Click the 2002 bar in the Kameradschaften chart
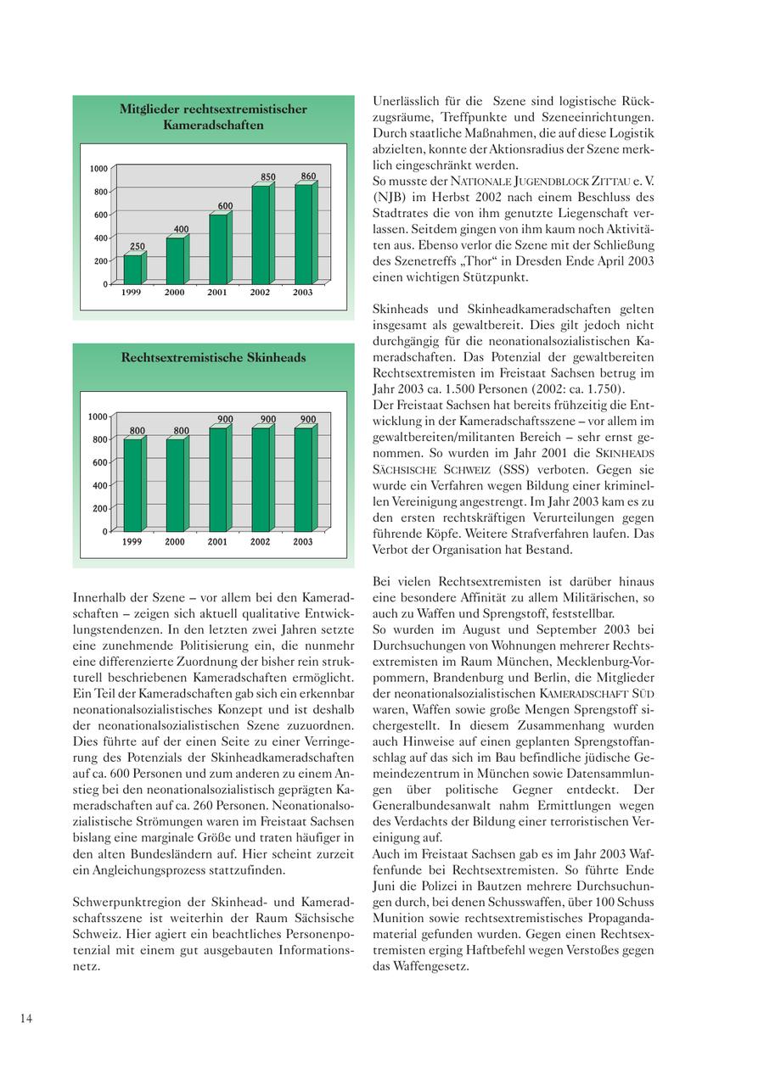[260, 235]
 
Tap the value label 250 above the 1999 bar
[137, 247]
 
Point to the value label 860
[308, 176]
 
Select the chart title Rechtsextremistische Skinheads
[213, 358]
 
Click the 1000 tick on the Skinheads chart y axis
[98, 417]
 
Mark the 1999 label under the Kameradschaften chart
[132, 293]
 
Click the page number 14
[26, 1019]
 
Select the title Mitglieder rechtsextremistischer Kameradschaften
[213, 117]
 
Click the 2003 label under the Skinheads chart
[303, 542]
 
